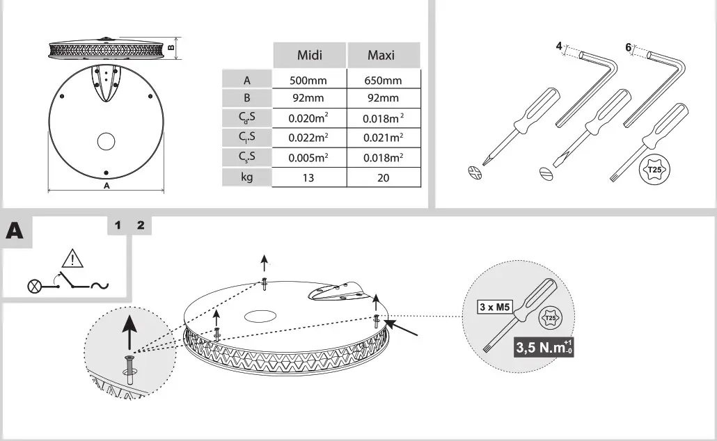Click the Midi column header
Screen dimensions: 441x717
[x=309, y=55]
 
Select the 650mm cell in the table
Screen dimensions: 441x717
[x=384, y=80]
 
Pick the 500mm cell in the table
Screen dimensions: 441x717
[x=308, y=80]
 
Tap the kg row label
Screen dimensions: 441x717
[x=247, y=177]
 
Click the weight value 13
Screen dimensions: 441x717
[x=308, y=177]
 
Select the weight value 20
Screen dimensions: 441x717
[x=384, y=177]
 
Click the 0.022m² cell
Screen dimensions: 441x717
[x=308, y=138]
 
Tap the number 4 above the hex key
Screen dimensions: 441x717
[x=559, y=47]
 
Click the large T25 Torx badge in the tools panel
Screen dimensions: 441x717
[x=654, y=169]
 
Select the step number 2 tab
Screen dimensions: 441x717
[x=141, y=225]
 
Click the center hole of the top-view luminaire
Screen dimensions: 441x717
[x=106, y=141]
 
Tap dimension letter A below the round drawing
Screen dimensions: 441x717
[x=106, y=186]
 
